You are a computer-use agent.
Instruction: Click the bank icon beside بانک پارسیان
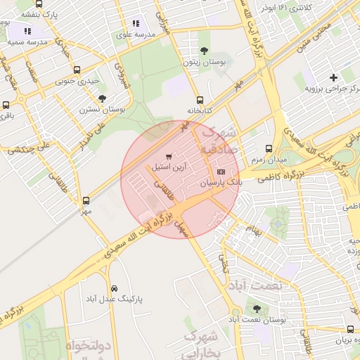pos(221,172)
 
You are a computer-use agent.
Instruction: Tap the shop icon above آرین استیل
pos(168,156)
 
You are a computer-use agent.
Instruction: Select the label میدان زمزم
pos(269,160)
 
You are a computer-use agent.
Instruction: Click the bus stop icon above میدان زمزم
pos(269,148)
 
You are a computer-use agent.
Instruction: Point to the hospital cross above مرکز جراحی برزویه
pos(333,77)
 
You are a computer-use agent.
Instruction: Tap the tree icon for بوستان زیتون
pos(204,51)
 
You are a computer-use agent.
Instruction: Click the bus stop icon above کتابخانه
pos(200,100)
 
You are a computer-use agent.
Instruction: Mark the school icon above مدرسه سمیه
pos(28,31)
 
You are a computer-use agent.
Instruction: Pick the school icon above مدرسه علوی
pos(136,22)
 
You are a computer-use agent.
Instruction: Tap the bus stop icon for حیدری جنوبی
pos(77,70)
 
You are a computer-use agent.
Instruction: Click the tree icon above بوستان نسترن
pos(102,98)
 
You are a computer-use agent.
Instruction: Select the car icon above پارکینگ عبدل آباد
pos(114,288)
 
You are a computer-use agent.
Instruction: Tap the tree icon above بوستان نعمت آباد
pos(255,309)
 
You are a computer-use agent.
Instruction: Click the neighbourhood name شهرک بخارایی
pos(202,344)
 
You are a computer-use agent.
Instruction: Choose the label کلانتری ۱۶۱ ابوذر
pos(285,7)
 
